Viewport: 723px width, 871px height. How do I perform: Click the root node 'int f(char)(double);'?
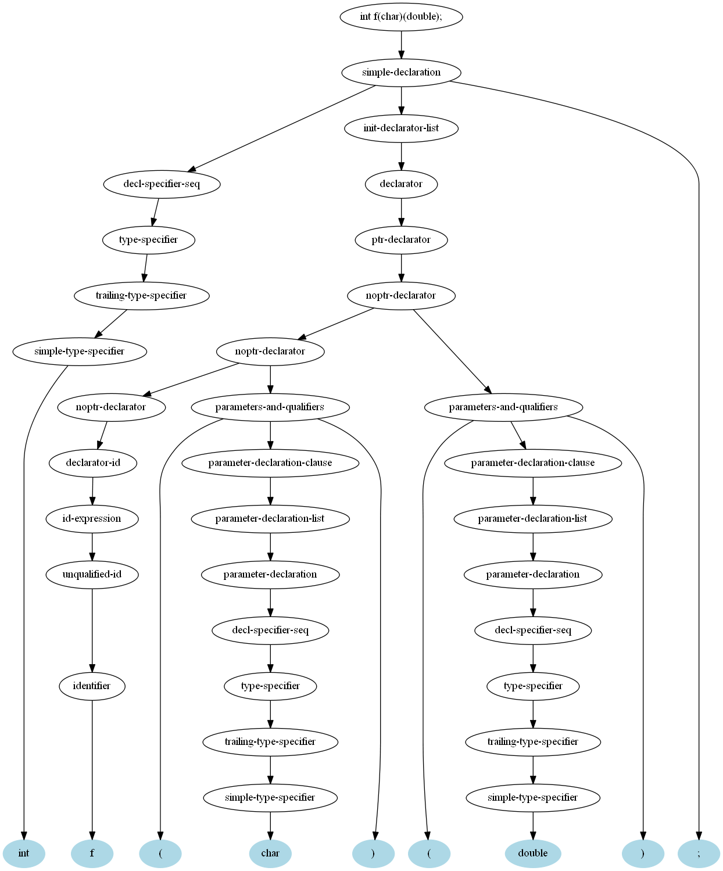click(401, 17)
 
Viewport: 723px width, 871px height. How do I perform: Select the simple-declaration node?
click(401, 72)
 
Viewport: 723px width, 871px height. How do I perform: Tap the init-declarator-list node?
click(401, 128)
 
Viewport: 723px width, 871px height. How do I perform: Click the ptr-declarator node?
click(401, 240)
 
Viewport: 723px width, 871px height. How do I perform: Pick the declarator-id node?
click(93, 463)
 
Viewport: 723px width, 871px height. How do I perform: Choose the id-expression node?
click(92, 518)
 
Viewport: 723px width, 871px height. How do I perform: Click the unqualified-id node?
click(92, 575)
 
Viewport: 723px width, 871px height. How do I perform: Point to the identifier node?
click(92, 686)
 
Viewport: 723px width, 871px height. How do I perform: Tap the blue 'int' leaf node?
click(24, 854)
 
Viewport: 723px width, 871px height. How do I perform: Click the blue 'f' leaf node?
click(92, 854)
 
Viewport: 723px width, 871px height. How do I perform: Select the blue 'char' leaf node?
click(270, 854)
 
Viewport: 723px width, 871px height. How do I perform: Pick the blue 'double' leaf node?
click(533, 854)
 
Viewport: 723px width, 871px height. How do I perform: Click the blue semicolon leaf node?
click(699, 854)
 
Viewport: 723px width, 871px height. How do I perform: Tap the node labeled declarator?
click(401, 184)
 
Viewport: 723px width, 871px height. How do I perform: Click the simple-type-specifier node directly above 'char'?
click(270, 798)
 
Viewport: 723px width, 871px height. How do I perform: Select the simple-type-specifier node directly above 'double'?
click(533, 798)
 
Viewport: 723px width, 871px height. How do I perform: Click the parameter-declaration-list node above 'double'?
click(533, 518)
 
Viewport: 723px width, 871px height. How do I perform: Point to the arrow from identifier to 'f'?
click(92, 770)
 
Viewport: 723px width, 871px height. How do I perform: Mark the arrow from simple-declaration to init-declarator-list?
click(401, 101)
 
